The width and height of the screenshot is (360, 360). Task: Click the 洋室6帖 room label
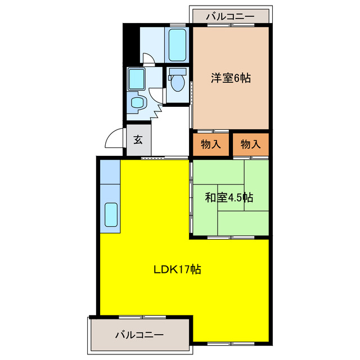tap(231, 79)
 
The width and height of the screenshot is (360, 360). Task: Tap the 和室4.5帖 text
tap(228, 197)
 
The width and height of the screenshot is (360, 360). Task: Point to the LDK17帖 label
tap(178, 269)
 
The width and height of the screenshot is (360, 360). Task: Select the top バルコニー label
tap(229, 16)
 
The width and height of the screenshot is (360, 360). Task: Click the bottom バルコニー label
tap(139, 335)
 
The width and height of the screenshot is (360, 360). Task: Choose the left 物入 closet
tap(211, 145)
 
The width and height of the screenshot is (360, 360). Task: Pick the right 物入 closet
tap(251, 145)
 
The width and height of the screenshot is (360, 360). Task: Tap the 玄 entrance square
tap(138, 141)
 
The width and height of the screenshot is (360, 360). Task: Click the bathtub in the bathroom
tap(178, 45)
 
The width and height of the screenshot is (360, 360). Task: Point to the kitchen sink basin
tap(111, 215)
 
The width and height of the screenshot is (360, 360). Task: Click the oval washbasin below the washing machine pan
tap(137, 102)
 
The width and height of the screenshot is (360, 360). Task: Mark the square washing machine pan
tap(137, 79)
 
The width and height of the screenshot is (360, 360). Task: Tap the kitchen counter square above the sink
tap(110, 173)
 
